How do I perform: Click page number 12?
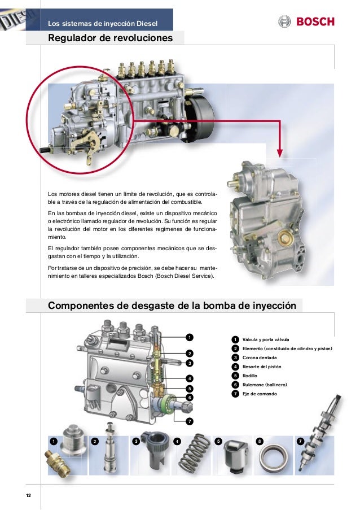28,495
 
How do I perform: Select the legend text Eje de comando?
260,393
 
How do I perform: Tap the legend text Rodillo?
249,376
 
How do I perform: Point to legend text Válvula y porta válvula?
265,339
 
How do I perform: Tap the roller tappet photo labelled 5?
234,456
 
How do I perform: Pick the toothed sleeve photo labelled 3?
154,446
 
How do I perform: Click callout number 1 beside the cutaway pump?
190,338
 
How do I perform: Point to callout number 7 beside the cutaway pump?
190,421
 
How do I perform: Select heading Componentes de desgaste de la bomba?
172,306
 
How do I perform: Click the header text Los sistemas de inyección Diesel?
103,23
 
